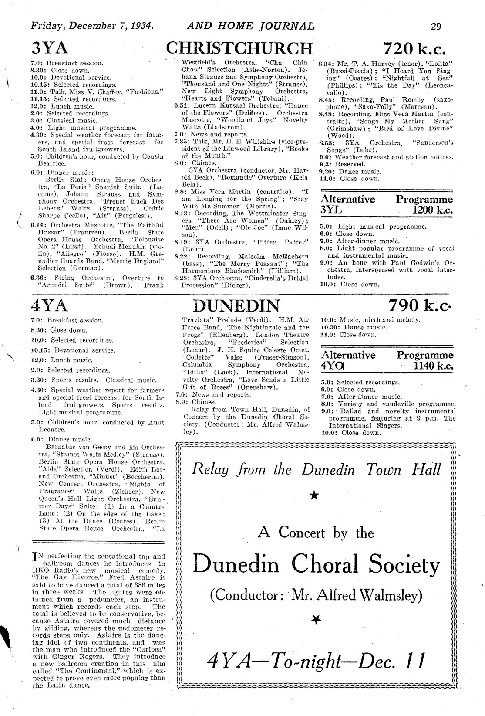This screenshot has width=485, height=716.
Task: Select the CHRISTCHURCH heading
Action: [239, 48]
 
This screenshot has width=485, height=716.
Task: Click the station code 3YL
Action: [332, 210]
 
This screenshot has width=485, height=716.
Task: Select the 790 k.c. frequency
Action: [420, 305]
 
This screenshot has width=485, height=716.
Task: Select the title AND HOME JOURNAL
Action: [250, 26]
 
